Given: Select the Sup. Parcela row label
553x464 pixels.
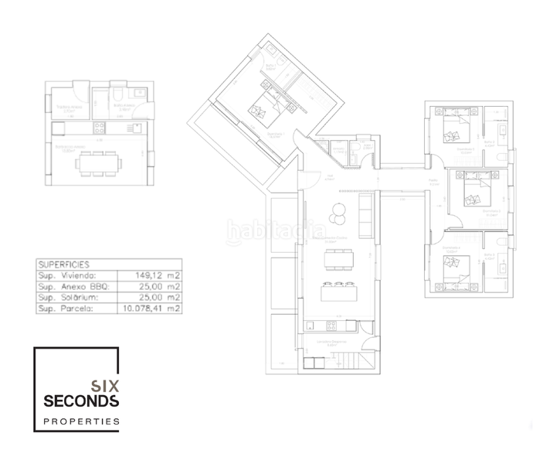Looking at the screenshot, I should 65,308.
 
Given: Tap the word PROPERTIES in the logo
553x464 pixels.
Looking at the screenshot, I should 80,421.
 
